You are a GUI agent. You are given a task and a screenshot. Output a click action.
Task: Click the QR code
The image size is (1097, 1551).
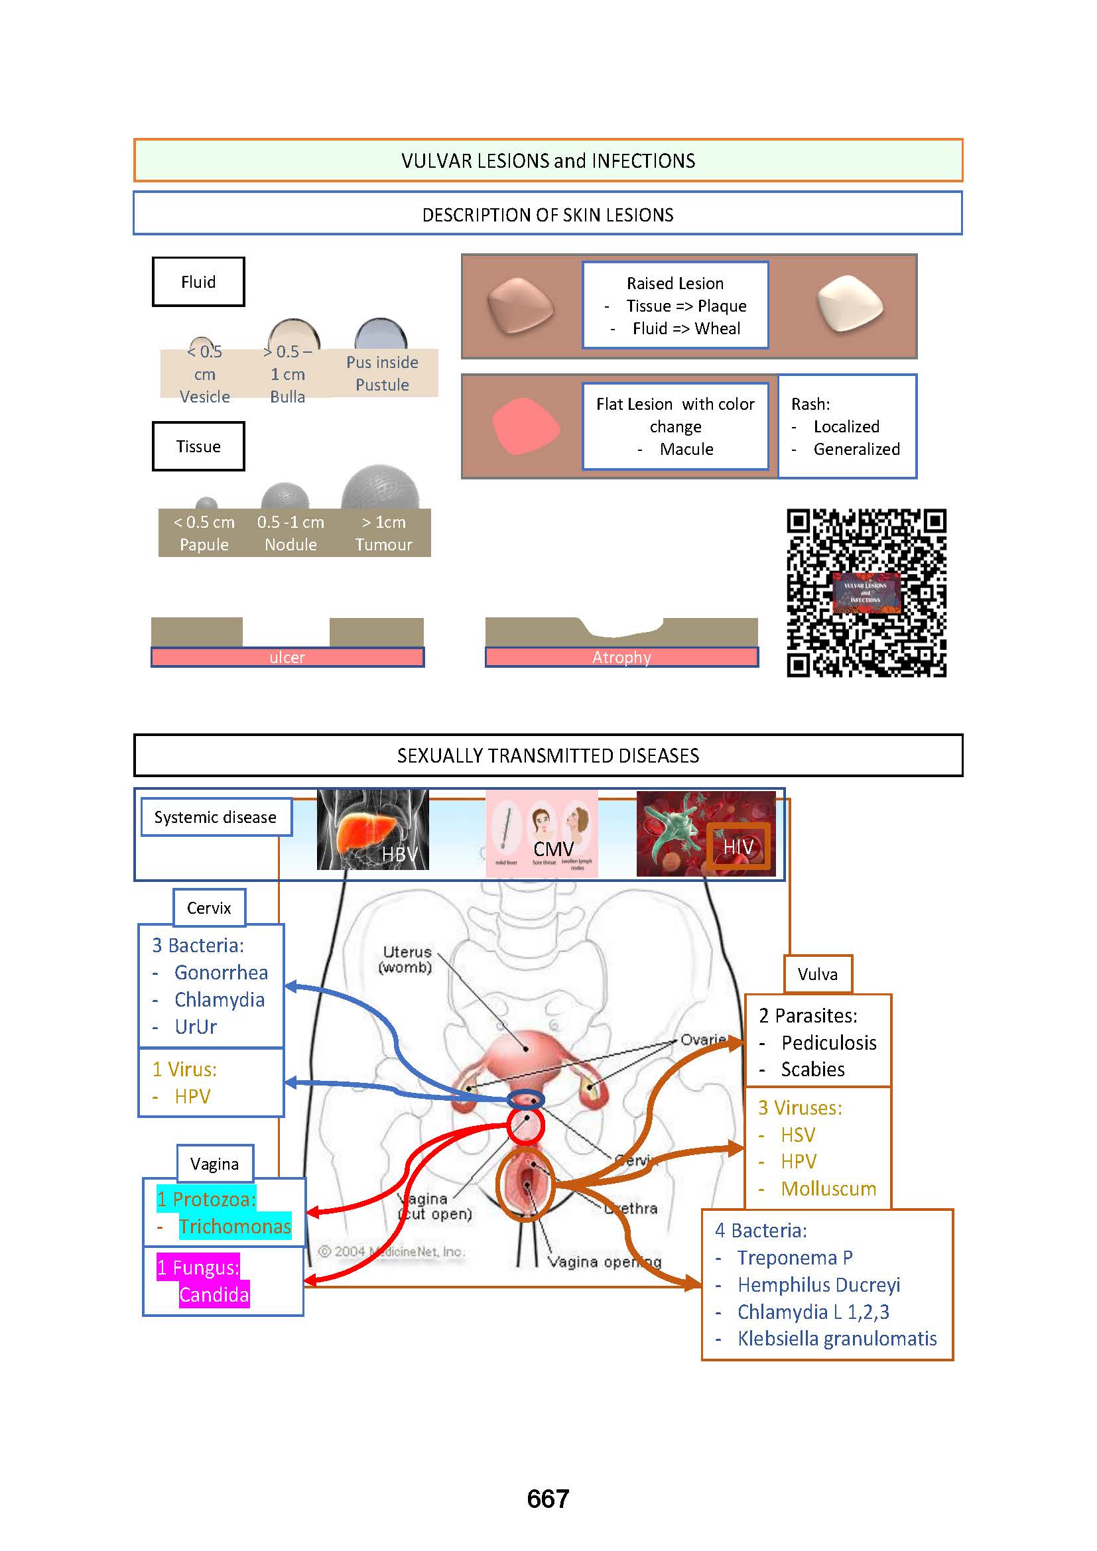[x=866, y=592]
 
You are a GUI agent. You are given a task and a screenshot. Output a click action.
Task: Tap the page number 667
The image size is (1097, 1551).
[x=548, y=1499]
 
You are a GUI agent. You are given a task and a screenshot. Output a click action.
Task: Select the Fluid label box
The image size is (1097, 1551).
[x=198, y=282]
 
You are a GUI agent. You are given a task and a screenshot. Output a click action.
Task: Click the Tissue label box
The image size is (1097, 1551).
[x=198, y=446]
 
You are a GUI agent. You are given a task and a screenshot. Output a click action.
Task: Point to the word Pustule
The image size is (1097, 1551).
[x=382, y=385]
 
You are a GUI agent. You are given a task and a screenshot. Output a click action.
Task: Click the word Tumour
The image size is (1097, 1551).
[x=383, y=544]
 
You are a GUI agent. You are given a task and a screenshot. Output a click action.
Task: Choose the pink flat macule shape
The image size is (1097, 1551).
[x=525, y=426]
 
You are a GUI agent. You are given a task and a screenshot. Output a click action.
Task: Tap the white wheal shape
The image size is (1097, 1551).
[x=850, y=304]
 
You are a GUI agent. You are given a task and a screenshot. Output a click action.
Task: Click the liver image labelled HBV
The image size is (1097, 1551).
[x=373, y=830]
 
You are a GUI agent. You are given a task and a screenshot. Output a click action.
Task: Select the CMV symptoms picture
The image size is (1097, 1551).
[x=542, y=834]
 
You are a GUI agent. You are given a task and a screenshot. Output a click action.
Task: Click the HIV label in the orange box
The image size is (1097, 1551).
[x=738, y=847]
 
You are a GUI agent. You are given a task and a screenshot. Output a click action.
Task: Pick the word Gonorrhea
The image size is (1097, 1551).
[x=221, y=973]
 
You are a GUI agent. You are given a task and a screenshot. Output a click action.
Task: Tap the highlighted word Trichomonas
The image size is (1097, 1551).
[x=234, y=1226]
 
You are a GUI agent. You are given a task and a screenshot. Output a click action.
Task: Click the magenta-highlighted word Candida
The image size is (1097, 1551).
[x=214, y=1294]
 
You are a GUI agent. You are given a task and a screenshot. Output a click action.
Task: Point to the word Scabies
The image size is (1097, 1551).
[x=812, y=1070]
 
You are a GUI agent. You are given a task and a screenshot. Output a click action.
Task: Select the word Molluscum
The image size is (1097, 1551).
[x=828, y=1188]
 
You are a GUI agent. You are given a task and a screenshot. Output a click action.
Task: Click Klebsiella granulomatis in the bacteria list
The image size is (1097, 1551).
[x=837, y=1338]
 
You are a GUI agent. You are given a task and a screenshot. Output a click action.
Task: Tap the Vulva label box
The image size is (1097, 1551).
[x=817, y=974]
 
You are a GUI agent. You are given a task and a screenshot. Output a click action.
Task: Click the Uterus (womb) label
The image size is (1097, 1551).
[x=407, y=960]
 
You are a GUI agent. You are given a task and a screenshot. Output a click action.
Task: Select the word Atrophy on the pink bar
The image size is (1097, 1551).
[x=621, y=657]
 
